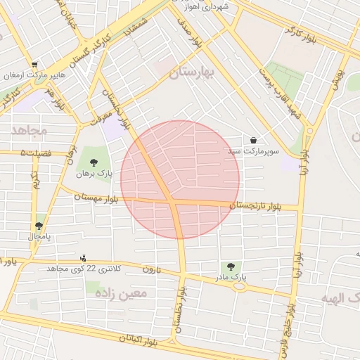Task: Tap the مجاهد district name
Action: (29, 131)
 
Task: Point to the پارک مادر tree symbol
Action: (230, 267)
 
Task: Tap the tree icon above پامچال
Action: (38, 226)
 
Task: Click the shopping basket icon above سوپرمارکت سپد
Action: (252, 139)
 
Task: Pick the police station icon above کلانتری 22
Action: (84, 258)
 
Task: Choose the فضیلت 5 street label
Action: (32, 152)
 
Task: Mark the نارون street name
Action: (152, 269)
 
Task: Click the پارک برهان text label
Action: (100, 173)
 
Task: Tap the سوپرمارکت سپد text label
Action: (253, 151)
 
